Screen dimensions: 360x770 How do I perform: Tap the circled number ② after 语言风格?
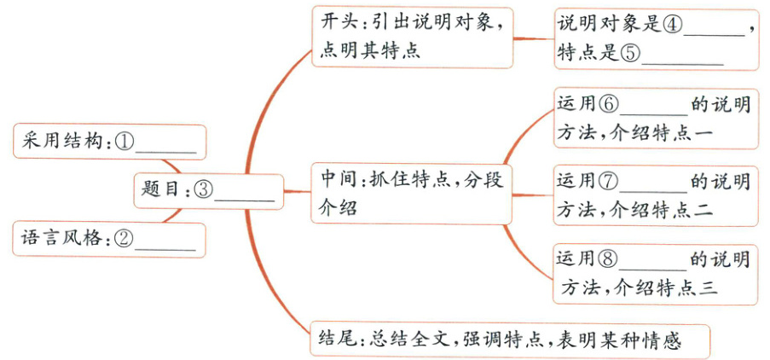point(124,240)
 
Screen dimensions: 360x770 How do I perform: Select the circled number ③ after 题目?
point(203,190)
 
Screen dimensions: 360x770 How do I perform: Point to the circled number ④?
point(673,25)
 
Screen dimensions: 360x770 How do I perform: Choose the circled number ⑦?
point(609,181)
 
